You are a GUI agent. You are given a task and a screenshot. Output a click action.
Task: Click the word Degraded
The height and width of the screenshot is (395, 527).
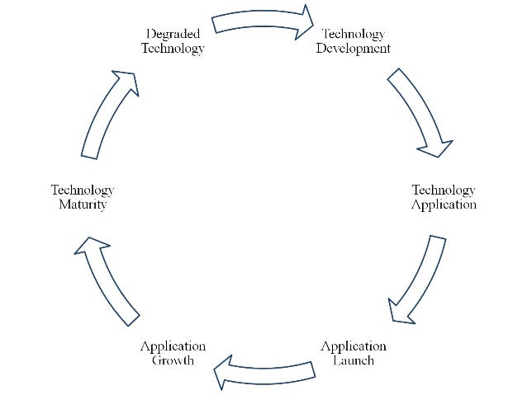[x=173, y=34]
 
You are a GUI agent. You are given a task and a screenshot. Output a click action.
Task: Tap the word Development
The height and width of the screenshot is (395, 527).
[x=354, y=48]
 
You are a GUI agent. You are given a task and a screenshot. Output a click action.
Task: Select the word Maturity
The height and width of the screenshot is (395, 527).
[x=83, y=205]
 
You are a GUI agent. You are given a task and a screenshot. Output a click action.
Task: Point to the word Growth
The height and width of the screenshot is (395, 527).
[x=173, y=360]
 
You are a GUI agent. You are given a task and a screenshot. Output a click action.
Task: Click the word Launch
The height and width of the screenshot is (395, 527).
[x=353, y=360]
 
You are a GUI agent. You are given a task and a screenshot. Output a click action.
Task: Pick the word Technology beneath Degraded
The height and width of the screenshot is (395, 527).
[x=173, y=48]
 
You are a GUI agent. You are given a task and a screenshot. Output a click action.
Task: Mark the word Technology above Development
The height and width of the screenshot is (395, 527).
[x=354, y=34]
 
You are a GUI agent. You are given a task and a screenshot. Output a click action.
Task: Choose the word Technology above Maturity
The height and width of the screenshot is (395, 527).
[x=83, y=190]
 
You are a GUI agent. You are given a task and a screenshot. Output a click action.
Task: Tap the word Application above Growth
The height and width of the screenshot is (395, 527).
[x=173, y=346]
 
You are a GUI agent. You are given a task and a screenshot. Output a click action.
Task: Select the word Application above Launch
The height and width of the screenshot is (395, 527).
[x=353, y=346]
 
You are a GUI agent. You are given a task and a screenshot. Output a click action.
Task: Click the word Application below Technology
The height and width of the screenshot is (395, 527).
[x=444, y=205]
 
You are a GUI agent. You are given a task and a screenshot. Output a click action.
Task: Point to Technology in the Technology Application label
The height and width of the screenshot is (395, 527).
[x=444, y=190]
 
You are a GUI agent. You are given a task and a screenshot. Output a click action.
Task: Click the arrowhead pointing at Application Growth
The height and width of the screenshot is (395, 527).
[x=222, y=376]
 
